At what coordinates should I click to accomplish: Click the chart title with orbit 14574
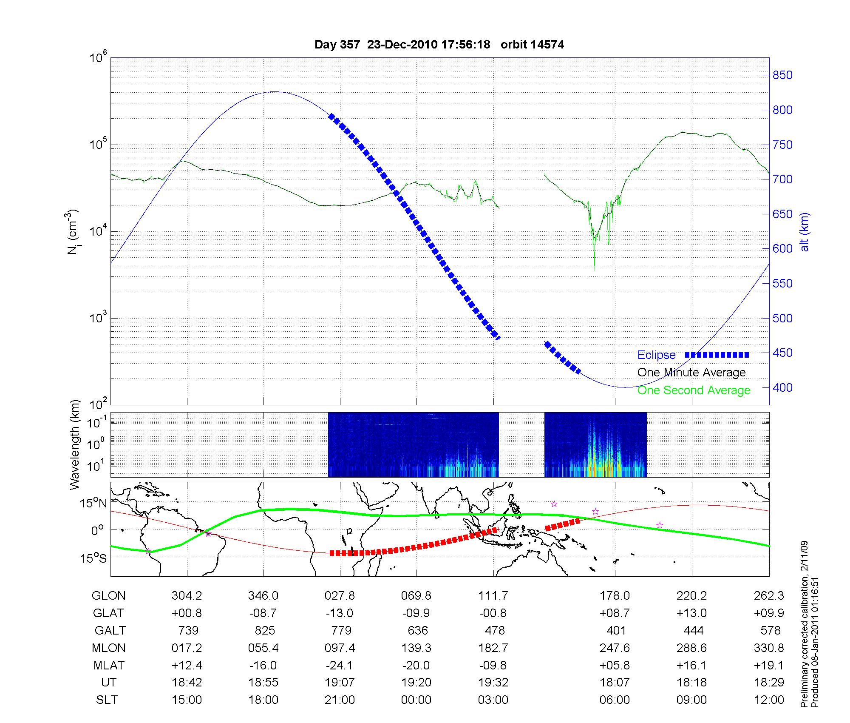tap(439, 45)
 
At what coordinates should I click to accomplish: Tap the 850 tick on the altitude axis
tap(782, 75)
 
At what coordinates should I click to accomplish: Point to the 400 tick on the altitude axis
tap(782, 387)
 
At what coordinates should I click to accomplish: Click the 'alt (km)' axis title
tap(805, 232)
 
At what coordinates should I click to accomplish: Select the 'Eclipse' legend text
tap(656, 355)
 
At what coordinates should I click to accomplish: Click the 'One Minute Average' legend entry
tap(691, 373)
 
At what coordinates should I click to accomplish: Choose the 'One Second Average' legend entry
tap(694, 390)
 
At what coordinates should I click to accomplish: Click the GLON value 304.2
tap(187, 595)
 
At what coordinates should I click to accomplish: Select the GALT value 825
tap(264, 630)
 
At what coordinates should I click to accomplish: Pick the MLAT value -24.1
tap(340, 665)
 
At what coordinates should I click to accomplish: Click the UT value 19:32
tap(493, 683)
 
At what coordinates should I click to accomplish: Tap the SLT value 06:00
tap(615, 700)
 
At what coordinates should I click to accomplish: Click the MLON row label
tap(108, 648)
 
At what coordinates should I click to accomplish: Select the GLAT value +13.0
tap(691, 613)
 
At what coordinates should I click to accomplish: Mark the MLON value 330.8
tap(769, 648)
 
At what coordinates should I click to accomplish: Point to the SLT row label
tap(107, 700)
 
